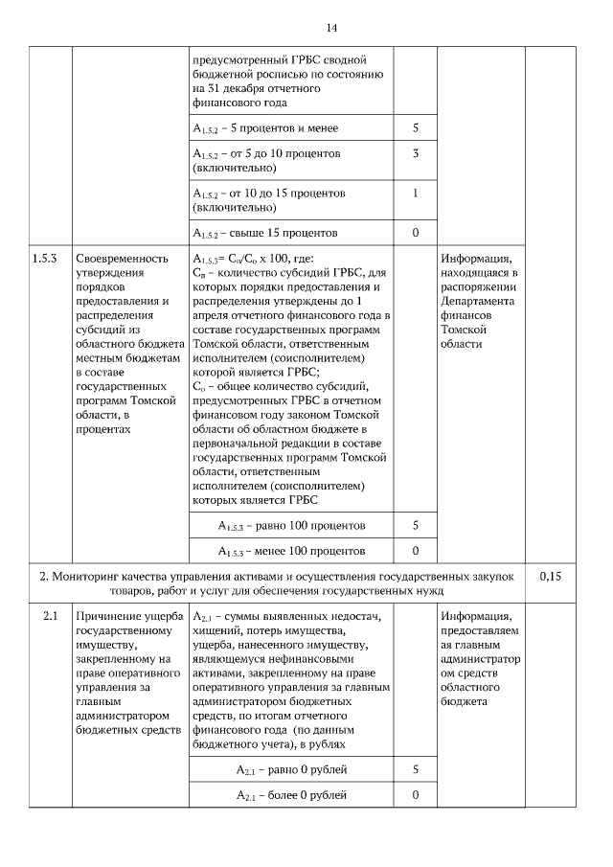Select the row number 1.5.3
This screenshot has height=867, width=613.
point(45,259)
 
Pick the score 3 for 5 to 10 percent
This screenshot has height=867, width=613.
point(415,153)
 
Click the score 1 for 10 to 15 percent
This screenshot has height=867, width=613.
point(415,193)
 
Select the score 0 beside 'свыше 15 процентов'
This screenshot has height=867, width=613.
point(415,233)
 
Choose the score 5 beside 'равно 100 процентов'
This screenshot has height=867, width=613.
point(415,526)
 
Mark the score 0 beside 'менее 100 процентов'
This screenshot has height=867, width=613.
point(415,551)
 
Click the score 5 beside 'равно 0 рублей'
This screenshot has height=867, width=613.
point(415,769)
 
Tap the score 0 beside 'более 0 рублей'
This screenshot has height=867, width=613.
point(415,795)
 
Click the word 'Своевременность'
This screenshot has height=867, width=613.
point(122,259)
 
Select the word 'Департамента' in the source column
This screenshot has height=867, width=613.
point(479,299)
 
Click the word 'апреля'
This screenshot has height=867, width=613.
point(211,314)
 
